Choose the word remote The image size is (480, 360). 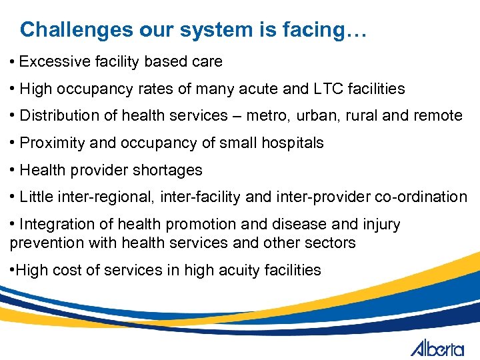tap(437, 115)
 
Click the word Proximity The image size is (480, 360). tap(51, 143)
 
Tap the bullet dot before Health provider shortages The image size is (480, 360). tap(13, 170)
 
